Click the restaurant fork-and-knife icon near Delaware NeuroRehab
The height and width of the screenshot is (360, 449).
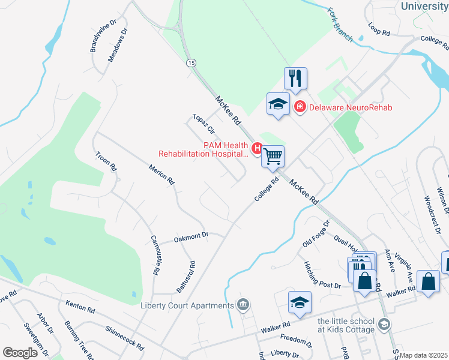(x=295, y=78)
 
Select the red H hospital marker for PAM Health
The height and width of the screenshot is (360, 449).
(x=258, y=148)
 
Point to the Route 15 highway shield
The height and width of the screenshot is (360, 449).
(x=191, y=62)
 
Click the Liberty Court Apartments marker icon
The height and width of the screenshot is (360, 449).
(x=243, y=305)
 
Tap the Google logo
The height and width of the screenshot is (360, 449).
(x=20, y=352)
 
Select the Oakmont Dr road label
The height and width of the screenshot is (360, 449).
(x=191, y=238)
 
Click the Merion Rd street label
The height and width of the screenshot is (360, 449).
(x=161, y=173)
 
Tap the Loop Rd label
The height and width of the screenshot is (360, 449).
(x=379, y=29)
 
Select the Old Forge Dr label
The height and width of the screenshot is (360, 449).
(x=316, y=234)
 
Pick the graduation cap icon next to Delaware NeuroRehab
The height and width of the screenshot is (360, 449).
(x=279, y=104)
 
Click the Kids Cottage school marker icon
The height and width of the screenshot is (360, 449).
(x=385, y=325)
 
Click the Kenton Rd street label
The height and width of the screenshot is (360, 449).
(x=80, y=307)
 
